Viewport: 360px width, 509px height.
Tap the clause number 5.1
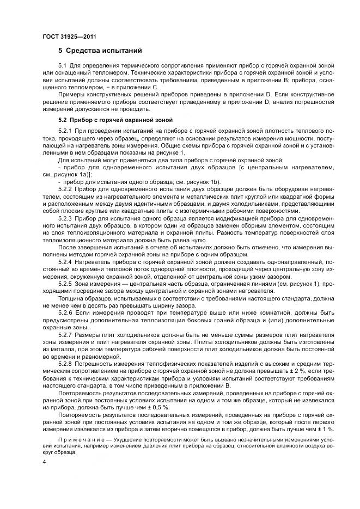[x=64, y=66]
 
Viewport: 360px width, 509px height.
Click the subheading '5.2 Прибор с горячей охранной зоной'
[x=115, y=119]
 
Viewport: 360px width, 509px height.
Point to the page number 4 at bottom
[x=45, y=462]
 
